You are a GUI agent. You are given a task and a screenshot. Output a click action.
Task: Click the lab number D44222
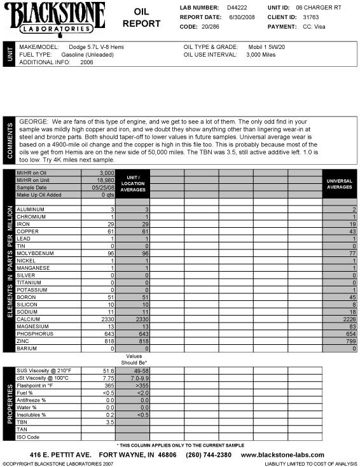pyautogui.click(x=228, y=6)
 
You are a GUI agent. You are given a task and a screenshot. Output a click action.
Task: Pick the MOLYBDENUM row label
pyautogui.click(x=36, y=253)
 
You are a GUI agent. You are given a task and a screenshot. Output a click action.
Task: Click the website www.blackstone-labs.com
pyautogui.click(x=284, y=455)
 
